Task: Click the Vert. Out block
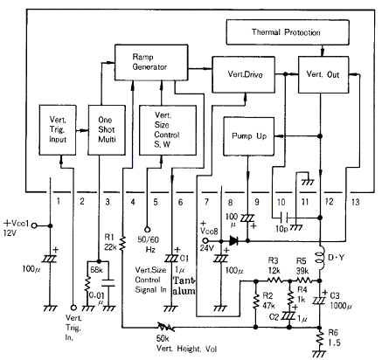[321, 76]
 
